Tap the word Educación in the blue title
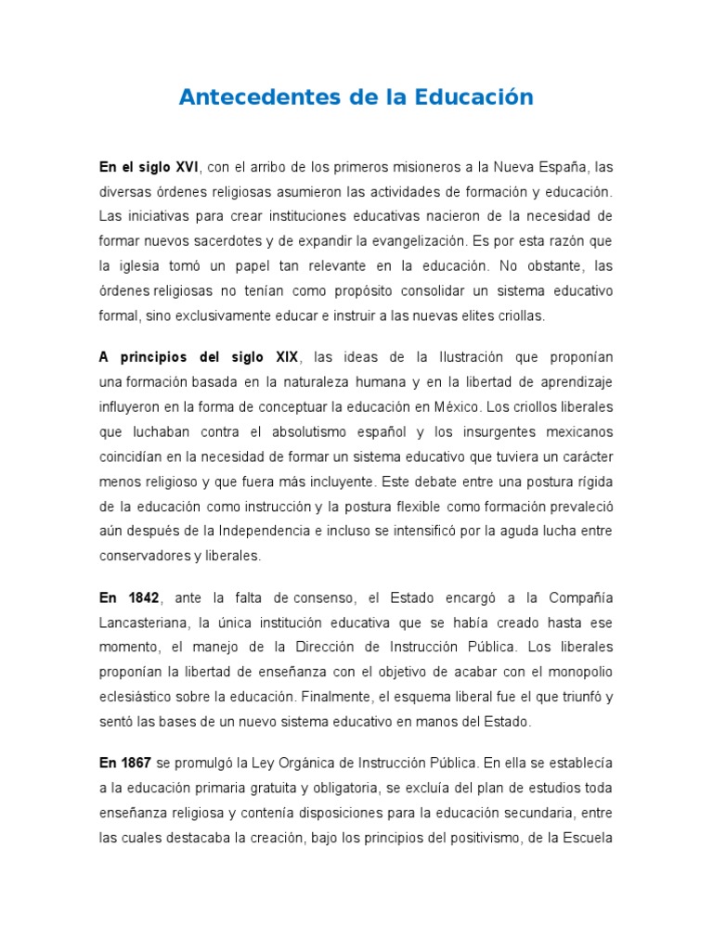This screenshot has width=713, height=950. [473, 96]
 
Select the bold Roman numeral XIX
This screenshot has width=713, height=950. [282, 358]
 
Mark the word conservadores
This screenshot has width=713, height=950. [147, 557]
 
